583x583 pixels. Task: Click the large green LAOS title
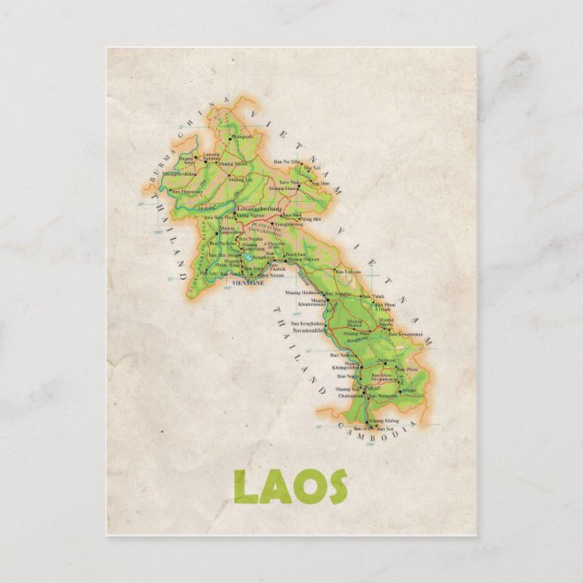[x=291, y=486]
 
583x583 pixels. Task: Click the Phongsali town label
[x=242, y=137]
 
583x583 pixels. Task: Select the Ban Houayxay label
[x=186, y=192]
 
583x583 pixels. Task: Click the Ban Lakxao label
[x=349, y=272]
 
